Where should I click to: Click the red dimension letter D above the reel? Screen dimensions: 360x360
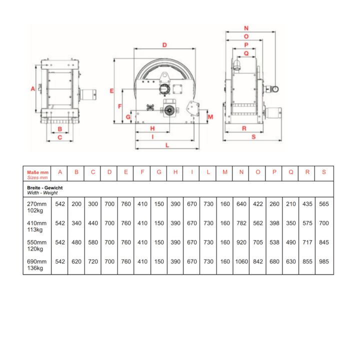[x=164, y=45]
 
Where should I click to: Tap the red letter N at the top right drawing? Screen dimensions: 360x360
[x=246, y=28]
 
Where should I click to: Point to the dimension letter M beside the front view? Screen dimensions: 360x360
[x=210, y=117]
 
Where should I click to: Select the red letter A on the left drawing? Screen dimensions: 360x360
[x=33, y=88]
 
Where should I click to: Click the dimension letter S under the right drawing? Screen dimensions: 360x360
[x=253, y=137]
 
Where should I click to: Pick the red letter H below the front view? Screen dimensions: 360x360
[x=152, y=128]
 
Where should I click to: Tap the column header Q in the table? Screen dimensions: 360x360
[x=291, y=172]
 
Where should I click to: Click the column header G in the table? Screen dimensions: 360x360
[x=159, y=172]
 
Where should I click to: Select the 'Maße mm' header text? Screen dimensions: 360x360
[x=37, y=172]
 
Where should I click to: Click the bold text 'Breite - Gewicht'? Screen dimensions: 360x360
[x=45, y=188]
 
